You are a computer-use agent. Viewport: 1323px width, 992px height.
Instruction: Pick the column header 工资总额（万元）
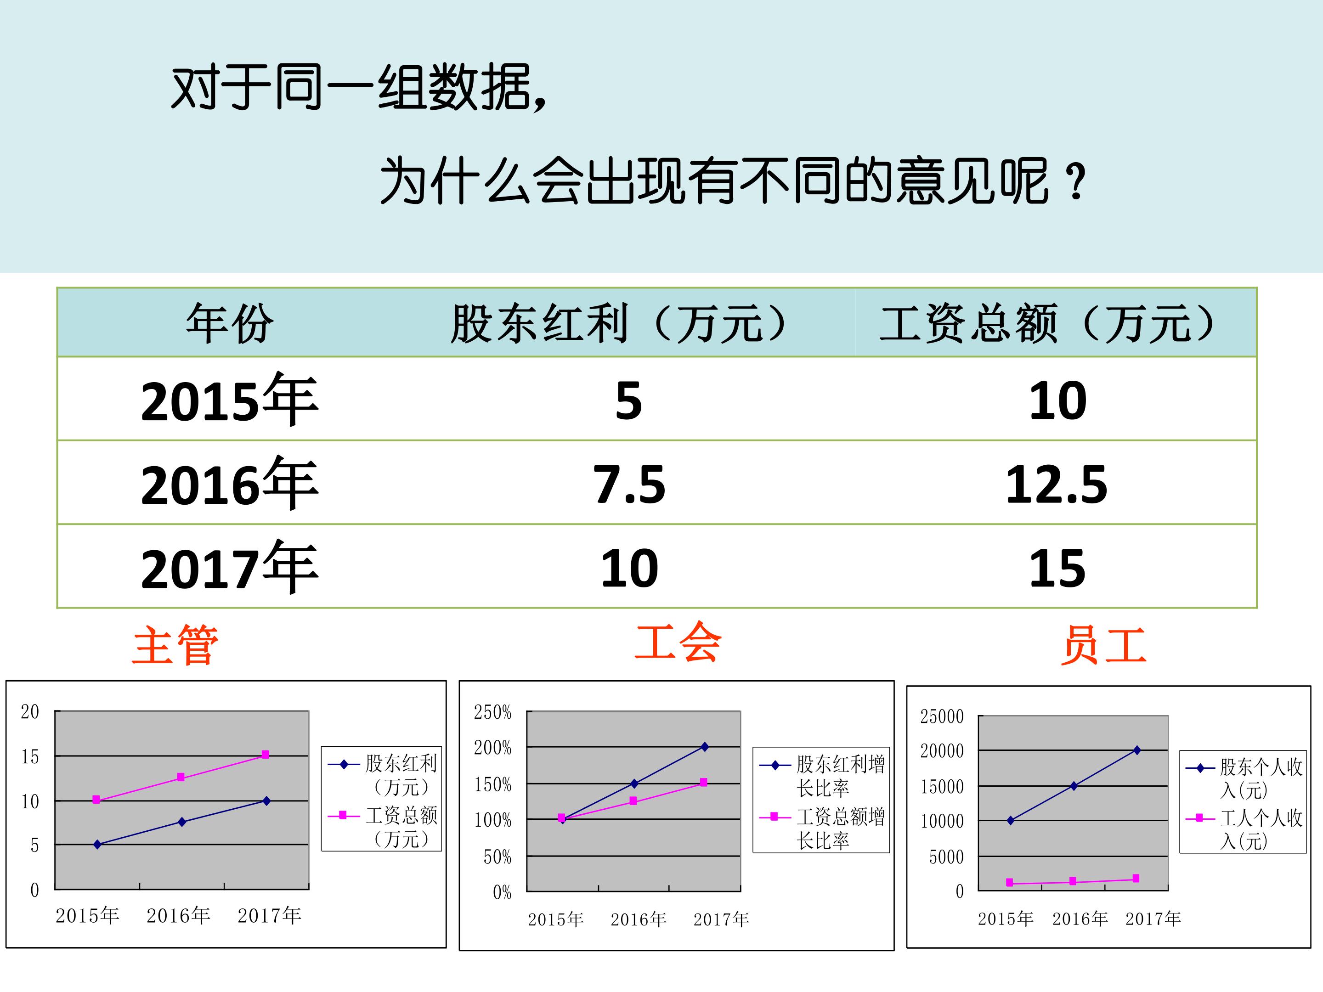1046,323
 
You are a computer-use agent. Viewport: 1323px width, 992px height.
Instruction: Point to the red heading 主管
175,646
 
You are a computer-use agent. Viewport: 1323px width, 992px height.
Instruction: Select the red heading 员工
1104,646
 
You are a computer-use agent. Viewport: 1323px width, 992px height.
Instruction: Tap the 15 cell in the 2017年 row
1057,568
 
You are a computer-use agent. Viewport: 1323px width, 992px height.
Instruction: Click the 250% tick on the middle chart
492,712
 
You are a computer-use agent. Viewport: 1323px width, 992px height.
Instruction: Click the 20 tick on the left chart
30,711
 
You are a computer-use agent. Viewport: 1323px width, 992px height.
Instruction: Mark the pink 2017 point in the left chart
266,755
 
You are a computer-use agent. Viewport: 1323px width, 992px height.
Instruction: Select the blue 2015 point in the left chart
97,844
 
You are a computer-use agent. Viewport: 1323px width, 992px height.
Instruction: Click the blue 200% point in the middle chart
705,747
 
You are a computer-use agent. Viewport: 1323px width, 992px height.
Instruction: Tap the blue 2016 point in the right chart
1074,786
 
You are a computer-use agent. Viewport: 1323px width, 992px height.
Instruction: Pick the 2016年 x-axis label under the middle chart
638,919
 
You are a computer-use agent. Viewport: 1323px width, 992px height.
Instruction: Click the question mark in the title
1075,182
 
